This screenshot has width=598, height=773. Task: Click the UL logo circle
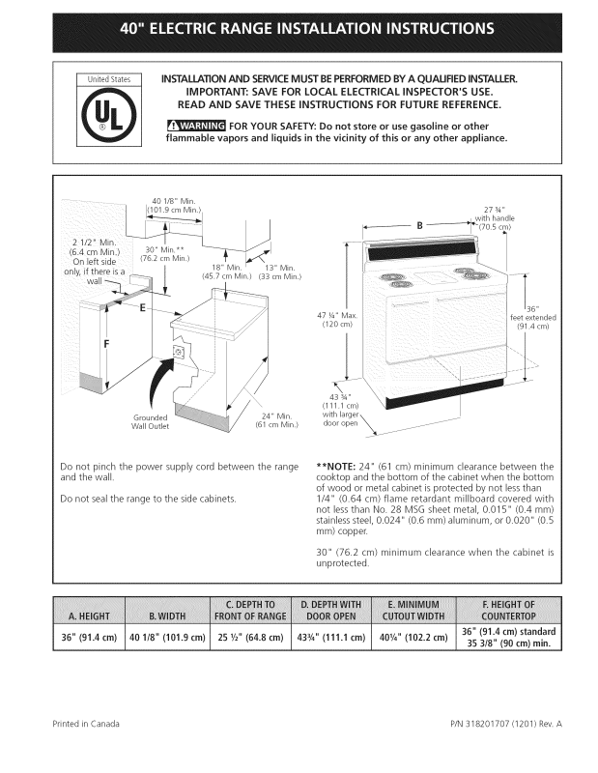pyautogui.click(x=109, y=118)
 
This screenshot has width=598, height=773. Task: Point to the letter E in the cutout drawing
pyautogui.click(x=143, y=309)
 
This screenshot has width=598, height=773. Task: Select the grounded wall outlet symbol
pyautogui.click(x=180, y=353)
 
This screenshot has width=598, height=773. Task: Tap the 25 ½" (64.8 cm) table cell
pyautogui.click(x=249, y=638)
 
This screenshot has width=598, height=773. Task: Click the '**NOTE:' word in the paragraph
pyautogui.click(x=337, y=467)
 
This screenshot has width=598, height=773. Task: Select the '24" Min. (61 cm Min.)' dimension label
pyautogui.click(x=277, y=420)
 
